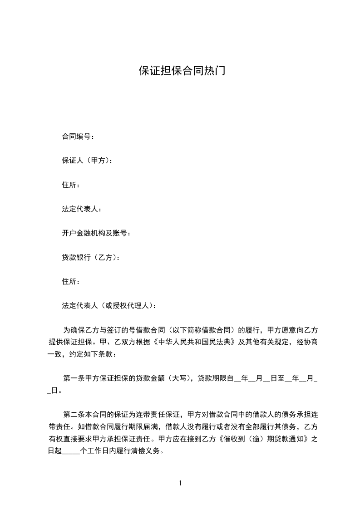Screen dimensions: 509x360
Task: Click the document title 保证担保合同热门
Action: (x=182, y=72)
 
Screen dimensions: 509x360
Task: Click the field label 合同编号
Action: (x=75, y=136)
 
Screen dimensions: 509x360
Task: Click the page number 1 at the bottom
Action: (x=180, y=483)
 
